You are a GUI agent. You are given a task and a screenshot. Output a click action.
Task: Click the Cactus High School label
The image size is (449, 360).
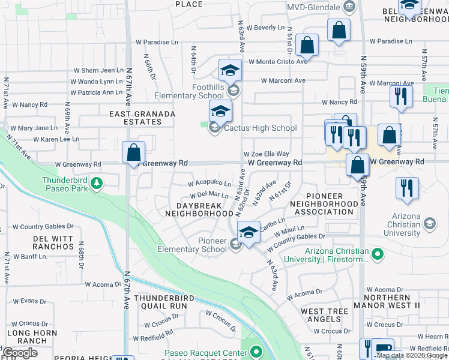(x=260, y=128)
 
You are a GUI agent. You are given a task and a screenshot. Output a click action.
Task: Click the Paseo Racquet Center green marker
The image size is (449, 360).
(x=257, y=352)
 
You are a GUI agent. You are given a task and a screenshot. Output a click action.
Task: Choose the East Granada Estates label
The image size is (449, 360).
(x=142, y=118)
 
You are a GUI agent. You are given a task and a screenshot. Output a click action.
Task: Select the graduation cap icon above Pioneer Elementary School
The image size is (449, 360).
(x=248, y=232)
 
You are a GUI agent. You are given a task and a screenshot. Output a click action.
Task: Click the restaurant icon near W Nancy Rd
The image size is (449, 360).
(x=400, y=96)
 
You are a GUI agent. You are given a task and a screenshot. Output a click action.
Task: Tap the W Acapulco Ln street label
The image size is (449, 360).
(x=209, y=183)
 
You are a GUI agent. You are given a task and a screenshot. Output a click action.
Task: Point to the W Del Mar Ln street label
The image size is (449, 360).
(x=209, y=195)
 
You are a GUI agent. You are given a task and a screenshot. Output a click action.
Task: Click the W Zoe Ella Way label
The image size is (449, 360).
(x=266, y=154)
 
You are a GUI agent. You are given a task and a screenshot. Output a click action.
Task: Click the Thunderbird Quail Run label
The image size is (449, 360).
(x=161, y=301)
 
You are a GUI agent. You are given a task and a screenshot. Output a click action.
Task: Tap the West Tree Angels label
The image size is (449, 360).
(x=324, y=316)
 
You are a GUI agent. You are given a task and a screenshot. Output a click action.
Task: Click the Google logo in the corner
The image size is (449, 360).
(x=20, y=353)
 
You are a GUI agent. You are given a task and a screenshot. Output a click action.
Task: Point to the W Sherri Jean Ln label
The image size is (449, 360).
(x=98, y=70)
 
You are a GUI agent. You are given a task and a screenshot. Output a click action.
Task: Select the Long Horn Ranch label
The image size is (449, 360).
(x=27, y=337)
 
